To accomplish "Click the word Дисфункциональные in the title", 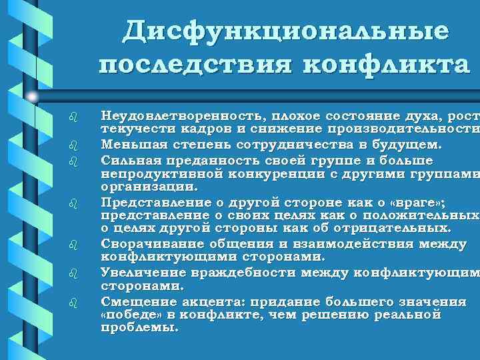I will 286,31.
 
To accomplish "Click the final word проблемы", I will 139,328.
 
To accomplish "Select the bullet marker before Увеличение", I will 75,273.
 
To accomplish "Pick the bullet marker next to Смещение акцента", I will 75,302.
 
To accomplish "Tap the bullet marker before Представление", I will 75,204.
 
